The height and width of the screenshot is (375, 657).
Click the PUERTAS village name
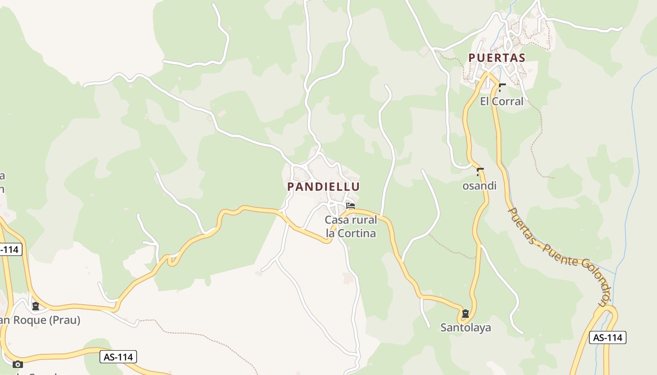(x=497, y=58)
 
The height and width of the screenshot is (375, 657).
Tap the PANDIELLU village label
(x=323, y=187)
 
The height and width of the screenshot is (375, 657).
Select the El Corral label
(x=501, y=101)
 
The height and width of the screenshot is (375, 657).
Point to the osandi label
(x=479, y=186)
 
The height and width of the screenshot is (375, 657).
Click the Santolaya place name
(x=466, y=327)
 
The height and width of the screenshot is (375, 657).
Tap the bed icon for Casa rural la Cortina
(x=350, y=205)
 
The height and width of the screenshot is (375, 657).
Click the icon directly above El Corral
(x=502, y=87)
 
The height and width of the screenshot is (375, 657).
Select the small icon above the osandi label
(x=480, y=172)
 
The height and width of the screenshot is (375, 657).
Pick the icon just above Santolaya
(x=465, y=314)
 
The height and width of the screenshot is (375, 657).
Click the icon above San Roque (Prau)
(x=35, y=306)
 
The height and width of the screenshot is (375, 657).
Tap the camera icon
(x=17, y=364)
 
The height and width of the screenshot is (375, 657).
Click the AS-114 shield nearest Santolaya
(x=607, y=337)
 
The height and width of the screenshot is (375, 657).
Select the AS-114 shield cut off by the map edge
(x=9, y=249)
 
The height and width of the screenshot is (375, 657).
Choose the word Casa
(x=336, y=220)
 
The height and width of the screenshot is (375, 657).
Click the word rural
(x=363, y=220)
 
